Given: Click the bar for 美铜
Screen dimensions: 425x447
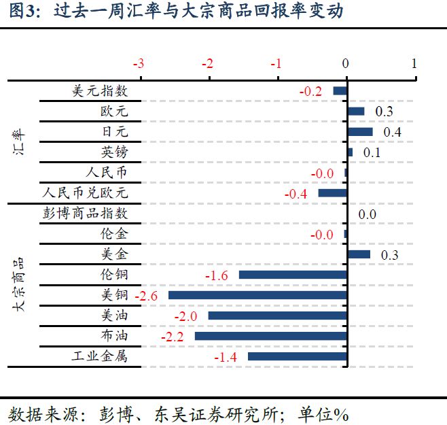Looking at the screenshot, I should (257, 295).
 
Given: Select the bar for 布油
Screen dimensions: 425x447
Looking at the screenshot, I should (270, 336).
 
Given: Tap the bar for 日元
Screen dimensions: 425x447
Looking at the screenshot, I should (360, 132).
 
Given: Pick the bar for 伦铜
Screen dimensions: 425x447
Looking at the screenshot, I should (293, 275).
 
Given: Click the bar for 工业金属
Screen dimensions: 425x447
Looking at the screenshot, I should (297, 356).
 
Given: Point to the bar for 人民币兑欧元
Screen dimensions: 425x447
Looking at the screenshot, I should (332, 193).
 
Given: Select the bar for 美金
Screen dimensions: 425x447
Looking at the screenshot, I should (359, 254).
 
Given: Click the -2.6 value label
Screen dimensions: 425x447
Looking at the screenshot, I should (146, 296).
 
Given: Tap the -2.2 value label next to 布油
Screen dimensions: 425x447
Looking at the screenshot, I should (172, 337).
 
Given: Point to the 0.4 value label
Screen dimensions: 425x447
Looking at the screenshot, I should (392, 132).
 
